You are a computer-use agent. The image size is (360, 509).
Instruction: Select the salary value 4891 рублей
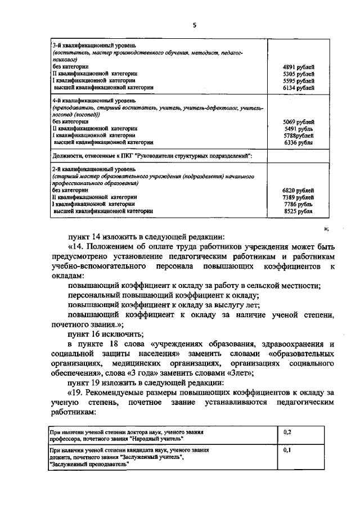[298, 67]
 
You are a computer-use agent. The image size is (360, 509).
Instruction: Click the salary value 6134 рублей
[298, 88]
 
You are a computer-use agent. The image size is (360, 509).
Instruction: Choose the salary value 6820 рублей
[298, 191]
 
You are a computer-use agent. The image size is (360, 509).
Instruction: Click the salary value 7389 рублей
[298, 197]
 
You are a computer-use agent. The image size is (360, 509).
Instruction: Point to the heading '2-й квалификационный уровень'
[93, 169]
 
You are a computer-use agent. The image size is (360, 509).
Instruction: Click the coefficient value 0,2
[287, 432]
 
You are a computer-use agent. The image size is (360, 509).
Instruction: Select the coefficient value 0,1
[287, 451]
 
